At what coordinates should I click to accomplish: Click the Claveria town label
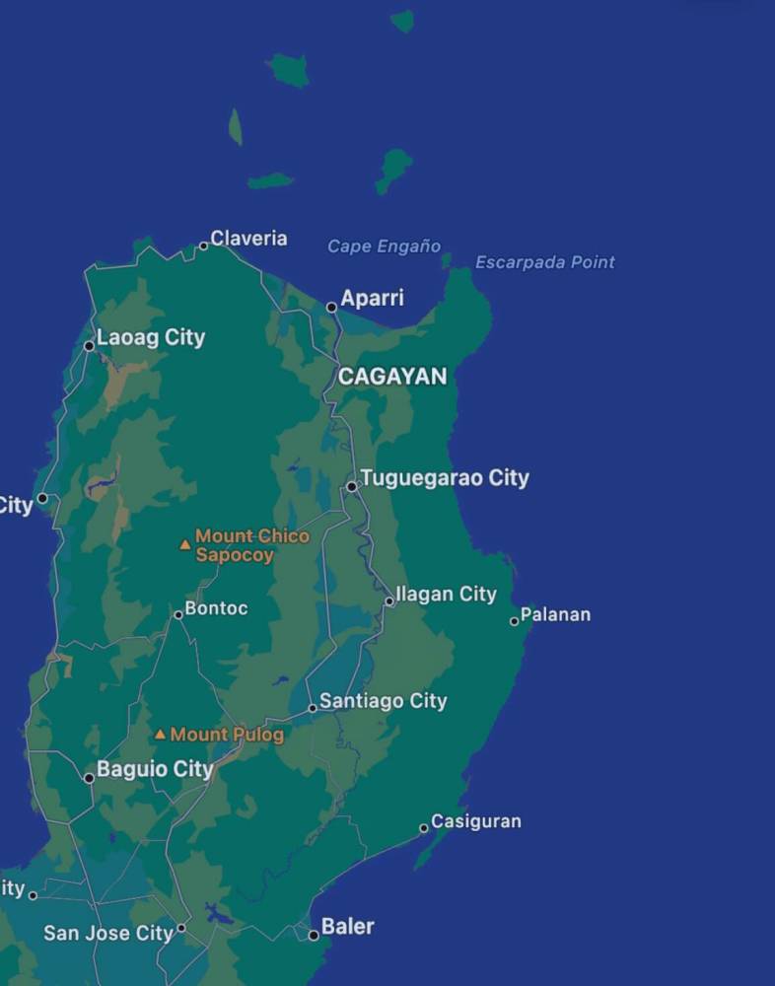248,239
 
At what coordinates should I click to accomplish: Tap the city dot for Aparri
332,308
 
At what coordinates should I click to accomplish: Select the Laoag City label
151,337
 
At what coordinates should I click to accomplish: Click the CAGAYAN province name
392,376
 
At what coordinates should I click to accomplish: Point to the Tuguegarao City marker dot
352,486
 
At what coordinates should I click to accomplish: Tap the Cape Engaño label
384,246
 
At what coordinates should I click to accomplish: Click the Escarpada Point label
544,262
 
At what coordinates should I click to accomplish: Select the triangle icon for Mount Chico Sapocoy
184,544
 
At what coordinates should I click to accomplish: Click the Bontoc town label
216,608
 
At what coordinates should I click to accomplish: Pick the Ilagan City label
446,595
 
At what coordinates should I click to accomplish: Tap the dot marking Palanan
514,621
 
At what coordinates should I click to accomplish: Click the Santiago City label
383,701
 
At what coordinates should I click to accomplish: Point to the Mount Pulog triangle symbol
160,735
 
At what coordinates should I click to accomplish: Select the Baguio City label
155,769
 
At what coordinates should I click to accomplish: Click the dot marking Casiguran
424,828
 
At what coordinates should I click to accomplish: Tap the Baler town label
348,927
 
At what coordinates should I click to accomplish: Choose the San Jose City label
108,933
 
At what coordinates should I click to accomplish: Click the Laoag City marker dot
89,346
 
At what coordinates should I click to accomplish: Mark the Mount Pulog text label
227,735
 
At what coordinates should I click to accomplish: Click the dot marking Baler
314,935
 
